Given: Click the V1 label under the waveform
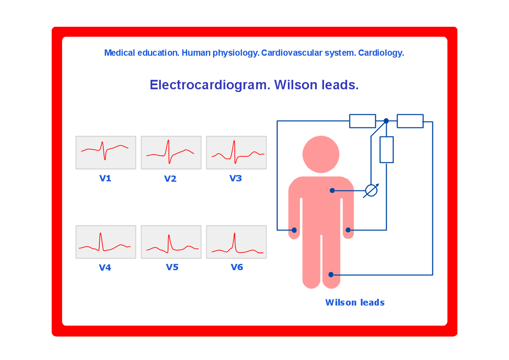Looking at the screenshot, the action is (105, 178).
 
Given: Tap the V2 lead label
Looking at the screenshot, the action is (170, 179).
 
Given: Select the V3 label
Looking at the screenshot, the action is (236, 178).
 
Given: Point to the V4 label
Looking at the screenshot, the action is (105, 268).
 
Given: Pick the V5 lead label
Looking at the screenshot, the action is (172, 267).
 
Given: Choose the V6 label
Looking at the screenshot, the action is (237, 267).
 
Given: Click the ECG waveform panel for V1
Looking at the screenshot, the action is (106, 153).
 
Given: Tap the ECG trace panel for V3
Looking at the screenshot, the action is (236, 153).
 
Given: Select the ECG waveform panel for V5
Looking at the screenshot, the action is (171, 242).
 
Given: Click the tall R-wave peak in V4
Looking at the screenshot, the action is (101, 233).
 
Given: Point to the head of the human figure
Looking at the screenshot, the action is (321, 154).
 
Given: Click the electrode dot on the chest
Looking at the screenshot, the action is (332, 190).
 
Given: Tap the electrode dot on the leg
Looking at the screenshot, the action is (331, 275).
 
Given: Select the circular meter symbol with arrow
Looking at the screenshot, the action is (371, 190).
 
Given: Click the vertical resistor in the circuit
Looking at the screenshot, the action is (387, 150).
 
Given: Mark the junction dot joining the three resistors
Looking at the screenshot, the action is (386, 121).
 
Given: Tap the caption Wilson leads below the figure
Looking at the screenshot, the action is (355, 302).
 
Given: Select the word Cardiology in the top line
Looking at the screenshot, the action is (381, 53).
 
